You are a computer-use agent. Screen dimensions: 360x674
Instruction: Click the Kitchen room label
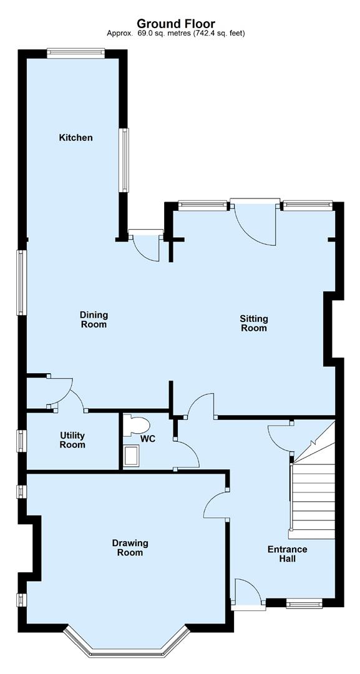(x=75, y=137)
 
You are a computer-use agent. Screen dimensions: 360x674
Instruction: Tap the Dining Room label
(x=93, y=320)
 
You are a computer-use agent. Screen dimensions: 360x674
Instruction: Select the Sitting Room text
(x=254, y=323)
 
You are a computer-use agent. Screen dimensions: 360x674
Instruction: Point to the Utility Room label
(x=72, y=440)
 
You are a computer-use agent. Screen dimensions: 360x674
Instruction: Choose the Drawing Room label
(x=130, y=548)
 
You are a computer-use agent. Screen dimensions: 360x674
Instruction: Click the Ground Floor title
(x=176, y=23)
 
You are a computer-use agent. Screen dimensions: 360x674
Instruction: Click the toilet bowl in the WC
(x=137, y=426)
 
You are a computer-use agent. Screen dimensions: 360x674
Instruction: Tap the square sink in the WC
(x=132, y=456)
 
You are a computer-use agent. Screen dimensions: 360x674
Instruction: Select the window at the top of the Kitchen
(x=75, y=53)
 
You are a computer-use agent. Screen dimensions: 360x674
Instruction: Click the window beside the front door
(x=304, y=604)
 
